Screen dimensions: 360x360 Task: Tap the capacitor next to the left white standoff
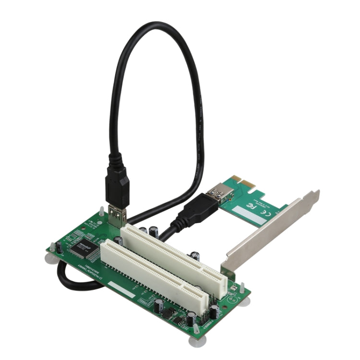(59, 247)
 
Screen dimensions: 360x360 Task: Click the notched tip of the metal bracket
(314, 194)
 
